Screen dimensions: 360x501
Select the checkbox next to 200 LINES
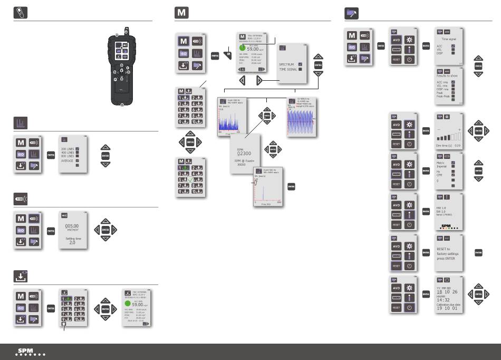(x=77, y=149)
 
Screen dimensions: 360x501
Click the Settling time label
(x=73, y=238)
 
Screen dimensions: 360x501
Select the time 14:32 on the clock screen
(x=444, y=299)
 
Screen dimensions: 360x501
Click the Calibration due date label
(x=449, y=305)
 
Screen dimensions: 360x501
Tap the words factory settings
(x=448, y=254)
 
